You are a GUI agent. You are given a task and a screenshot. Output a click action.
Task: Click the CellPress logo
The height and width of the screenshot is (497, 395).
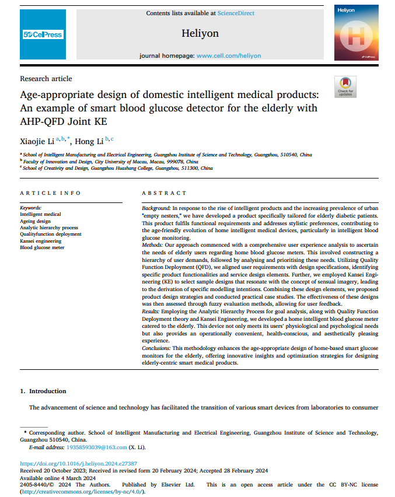(43, 34)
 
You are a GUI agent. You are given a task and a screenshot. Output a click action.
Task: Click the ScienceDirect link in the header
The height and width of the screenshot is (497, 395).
(236, 13)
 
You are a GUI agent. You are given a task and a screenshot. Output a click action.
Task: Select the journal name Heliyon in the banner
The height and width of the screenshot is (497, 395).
(200, 33)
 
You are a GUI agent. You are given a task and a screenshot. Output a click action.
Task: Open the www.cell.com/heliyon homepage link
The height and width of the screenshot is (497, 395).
(229, 55)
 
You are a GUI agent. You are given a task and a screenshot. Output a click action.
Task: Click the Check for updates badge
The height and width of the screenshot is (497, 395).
(345, 86)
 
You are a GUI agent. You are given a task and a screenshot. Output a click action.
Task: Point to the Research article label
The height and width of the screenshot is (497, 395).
(46, 79)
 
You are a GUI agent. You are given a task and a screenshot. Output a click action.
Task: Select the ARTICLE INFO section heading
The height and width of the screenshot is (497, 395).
(50, 193)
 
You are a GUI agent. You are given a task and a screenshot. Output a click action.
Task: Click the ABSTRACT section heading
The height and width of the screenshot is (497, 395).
(164, 193)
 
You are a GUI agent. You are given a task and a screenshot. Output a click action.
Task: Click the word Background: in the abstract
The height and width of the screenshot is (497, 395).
(156, 208)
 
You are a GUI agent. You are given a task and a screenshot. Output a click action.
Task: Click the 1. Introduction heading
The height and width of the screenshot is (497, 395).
(43, 391)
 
